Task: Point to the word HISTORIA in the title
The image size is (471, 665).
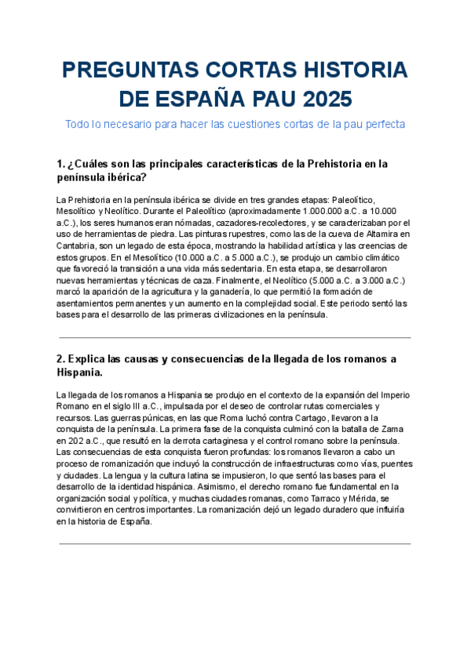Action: [349, 71]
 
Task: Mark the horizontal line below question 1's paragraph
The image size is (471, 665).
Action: [235, 338]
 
